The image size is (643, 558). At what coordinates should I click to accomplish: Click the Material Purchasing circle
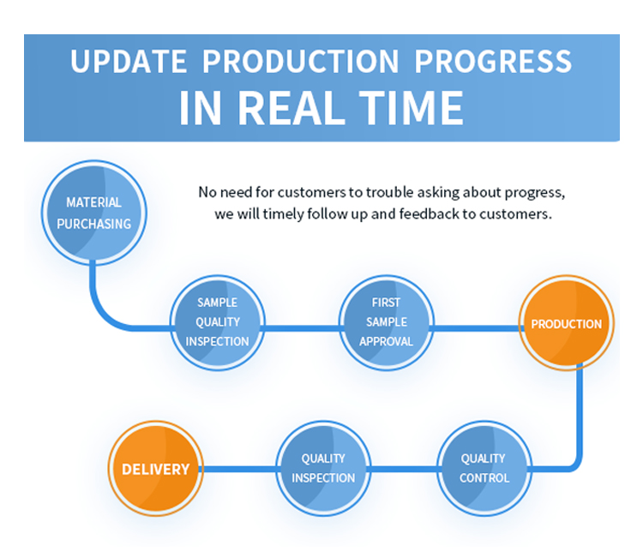coord(94,213)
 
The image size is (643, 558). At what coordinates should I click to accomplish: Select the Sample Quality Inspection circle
coord(218,322)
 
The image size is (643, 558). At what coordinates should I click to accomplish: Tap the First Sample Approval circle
coord(386,322)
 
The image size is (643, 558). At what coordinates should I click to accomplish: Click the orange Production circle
coord(567,323)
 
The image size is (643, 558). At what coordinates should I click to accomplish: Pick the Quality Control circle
coord(484,468)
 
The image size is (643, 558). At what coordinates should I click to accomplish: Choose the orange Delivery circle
coord(156,468)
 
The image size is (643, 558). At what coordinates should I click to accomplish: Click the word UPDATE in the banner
coord(129,62)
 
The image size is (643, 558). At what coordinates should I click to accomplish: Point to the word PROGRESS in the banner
coord(493,62)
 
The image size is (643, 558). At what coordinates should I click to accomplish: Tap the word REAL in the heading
coord(291,108)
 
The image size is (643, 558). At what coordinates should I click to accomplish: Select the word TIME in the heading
coord(412,108)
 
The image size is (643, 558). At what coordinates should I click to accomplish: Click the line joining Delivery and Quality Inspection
coord(240,469)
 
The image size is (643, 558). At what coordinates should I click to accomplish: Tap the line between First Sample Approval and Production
coord(476,328)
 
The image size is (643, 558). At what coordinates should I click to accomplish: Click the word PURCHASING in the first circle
coord(94,224)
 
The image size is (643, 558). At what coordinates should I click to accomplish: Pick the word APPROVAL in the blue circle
coord(386,341)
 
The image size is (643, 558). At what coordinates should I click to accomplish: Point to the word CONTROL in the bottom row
coord(484,478)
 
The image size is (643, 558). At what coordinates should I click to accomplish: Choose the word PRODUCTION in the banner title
coord(301,62)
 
